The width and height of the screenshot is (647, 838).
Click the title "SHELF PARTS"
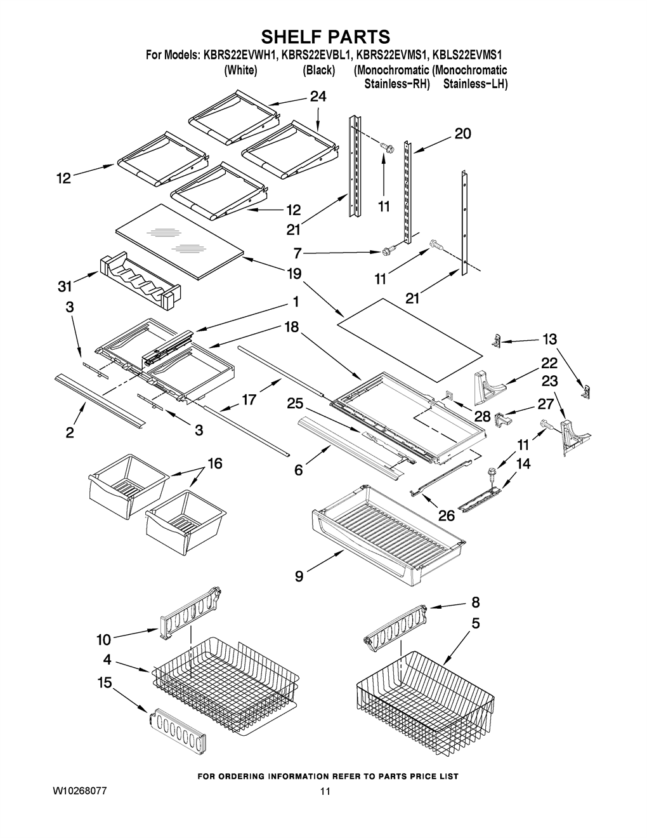point(325,37)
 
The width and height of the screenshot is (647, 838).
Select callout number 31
point(65,286)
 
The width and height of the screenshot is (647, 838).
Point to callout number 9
point(299,587)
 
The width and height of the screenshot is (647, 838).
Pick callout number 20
point(463,134)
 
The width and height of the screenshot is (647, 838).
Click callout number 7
point(297,254)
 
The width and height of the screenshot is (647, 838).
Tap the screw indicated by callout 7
point(388,249)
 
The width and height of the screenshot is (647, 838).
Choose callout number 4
point(107,660)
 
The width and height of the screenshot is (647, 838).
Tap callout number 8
point(476,602)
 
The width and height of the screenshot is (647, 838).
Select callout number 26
point(447,515)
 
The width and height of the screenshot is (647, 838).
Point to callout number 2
point(70,433)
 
